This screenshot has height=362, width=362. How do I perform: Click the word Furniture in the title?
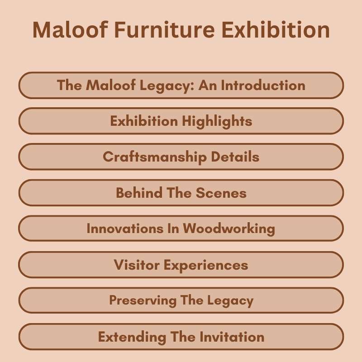161,30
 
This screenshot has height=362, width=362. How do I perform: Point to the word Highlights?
217,121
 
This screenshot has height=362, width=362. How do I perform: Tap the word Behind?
138,193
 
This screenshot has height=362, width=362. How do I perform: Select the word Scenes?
221,193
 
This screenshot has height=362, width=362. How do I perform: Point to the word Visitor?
137,265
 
